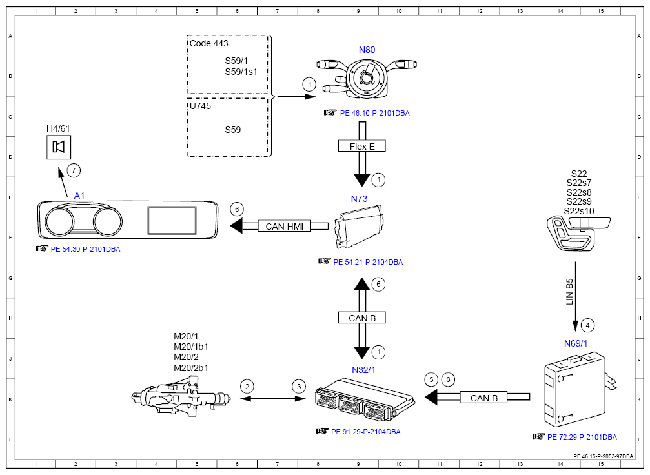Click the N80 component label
click(367, 50)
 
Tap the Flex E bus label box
click(362, 146)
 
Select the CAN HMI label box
click(285, 227)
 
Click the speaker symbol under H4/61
click(59, 147)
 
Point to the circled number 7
click(74, 170)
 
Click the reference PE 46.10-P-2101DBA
click(375, 113)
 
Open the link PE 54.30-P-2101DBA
click(85, 250)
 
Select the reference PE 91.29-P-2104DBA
click(365, 432)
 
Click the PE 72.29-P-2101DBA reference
click(582, 438)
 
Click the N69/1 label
click(575, 343)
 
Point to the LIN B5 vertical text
click(569, 291)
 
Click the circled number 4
click(587, 325)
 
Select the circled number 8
click(448, 379)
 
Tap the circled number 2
click(247, 387)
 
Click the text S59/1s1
click(241, 72)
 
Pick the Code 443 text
click(209, 43)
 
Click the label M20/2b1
click(191, 368)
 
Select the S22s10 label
click(579, 211)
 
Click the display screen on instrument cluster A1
click(172, 221)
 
